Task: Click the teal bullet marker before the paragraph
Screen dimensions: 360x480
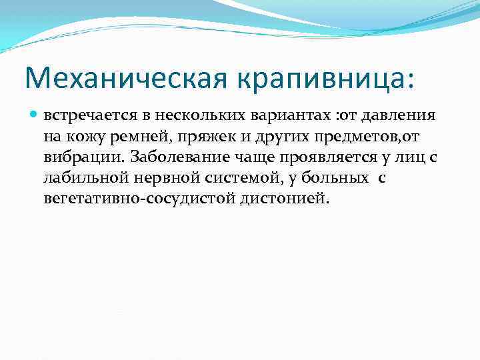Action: (35, 115)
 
